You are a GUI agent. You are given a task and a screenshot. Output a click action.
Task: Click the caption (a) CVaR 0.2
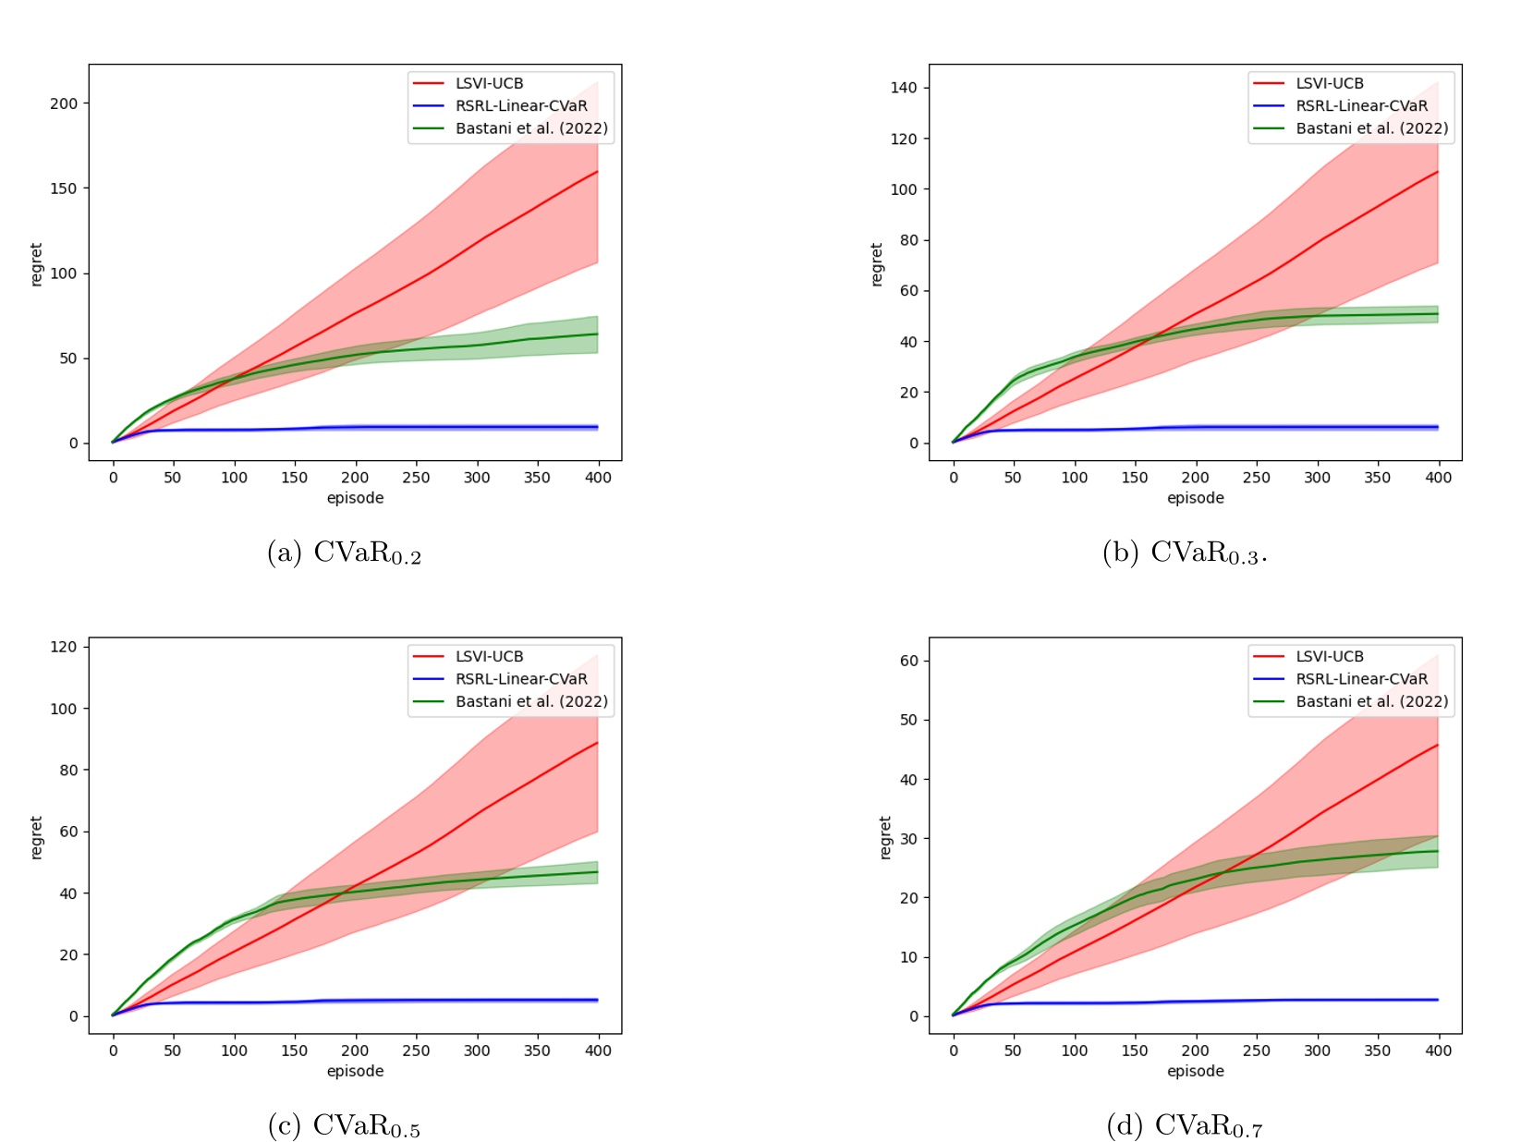pos(344,553)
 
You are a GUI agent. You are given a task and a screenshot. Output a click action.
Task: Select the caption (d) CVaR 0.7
pos(1184,1126)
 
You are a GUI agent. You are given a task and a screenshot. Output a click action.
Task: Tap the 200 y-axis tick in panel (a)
pos(64,103)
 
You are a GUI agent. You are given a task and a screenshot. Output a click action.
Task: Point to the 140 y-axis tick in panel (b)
pos(904,88)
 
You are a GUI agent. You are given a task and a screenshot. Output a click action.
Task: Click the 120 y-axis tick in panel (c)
pos(64,647)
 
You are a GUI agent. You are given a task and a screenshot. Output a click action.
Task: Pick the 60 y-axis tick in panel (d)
pos(908,662)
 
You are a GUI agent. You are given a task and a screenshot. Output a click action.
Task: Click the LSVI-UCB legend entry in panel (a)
pos(489,83)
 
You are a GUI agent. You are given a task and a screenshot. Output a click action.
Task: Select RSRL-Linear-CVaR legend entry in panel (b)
pos(1361,106)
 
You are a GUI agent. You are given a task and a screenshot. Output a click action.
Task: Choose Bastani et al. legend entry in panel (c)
pos(531,702)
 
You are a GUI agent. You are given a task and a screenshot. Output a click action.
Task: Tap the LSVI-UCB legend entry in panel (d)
pos(1329,657)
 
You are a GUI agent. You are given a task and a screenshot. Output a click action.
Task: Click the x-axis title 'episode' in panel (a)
pos(355,498)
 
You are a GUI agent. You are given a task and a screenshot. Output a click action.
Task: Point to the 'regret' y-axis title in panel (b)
pos(877,264)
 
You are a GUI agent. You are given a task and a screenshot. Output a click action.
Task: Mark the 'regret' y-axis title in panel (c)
pos(37,837)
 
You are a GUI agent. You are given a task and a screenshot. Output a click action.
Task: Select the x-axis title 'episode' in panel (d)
pos(1195,1072)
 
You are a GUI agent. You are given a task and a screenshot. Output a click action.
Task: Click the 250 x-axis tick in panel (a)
pos(416,478)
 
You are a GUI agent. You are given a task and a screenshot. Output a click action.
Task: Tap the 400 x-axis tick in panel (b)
pos(1438,478)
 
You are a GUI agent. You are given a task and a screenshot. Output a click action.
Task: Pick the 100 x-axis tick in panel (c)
pos(234,1051)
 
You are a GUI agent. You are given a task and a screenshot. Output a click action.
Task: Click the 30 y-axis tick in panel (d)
pos(908,839)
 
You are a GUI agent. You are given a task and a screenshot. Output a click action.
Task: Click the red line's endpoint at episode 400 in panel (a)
pos(598,172)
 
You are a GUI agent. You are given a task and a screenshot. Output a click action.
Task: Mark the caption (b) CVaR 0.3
pos(1185,553)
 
